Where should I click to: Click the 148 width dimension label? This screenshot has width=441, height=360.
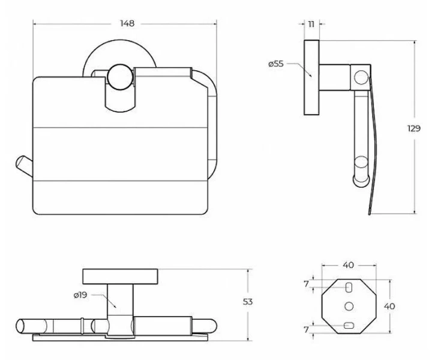127,23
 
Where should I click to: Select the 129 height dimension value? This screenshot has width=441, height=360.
414,128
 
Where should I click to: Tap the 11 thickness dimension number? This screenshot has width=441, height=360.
311,24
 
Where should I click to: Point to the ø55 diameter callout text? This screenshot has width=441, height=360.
276,64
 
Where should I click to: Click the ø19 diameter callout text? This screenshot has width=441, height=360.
80,295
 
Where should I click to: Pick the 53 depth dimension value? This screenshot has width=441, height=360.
248,302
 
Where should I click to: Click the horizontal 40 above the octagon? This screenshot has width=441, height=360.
348,265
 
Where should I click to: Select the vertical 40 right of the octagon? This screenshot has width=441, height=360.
389,306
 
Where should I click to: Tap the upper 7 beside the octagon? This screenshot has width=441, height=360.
306,284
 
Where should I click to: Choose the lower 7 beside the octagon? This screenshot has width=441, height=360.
306,329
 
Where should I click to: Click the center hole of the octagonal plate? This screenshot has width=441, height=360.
349,306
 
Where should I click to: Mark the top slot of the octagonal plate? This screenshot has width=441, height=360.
349,288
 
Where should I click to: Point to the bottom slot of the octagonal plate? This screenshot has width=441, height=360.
349,325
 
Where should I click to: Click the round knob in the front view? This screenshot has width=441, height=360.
120,77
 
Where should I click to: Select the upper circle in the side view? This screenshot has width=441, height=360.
361,77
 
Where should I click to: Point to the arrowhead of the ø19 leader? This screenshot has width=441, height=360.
115,306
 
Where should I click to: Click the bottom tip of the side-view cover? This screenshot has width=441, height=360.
370,214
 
